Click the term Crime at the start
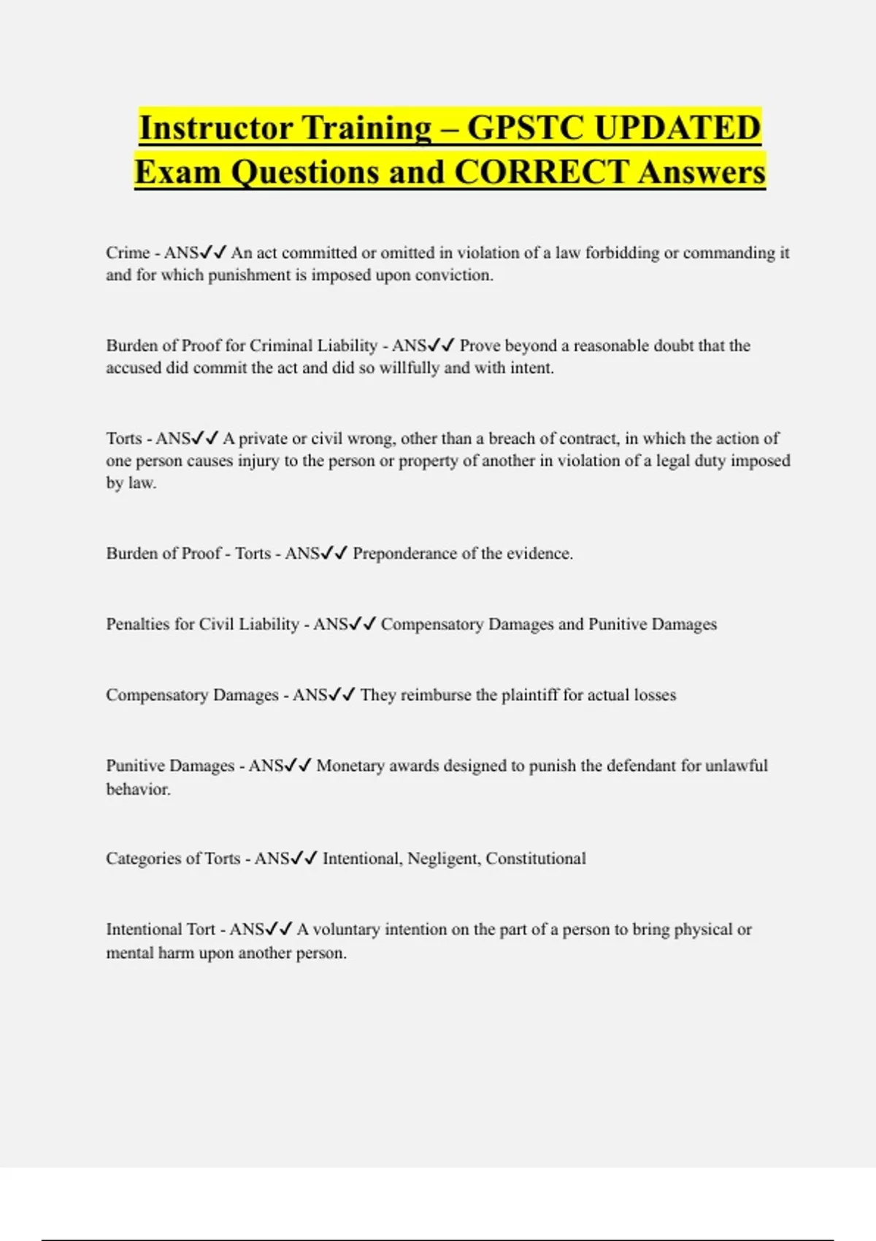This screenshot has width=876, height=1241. point(128,253)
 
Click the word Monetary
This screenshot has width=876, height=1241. point(350,766)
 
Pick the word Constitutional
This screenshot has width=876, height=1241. point(536,858)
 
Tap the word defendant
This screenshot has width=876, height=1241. point(642,766)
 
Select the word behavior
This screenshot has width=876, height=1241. point(138,789)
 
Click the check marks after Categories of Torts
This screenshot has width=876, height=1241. point(304,858)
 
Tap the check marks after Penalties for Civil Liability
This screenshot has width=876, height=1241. point(363,624)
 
